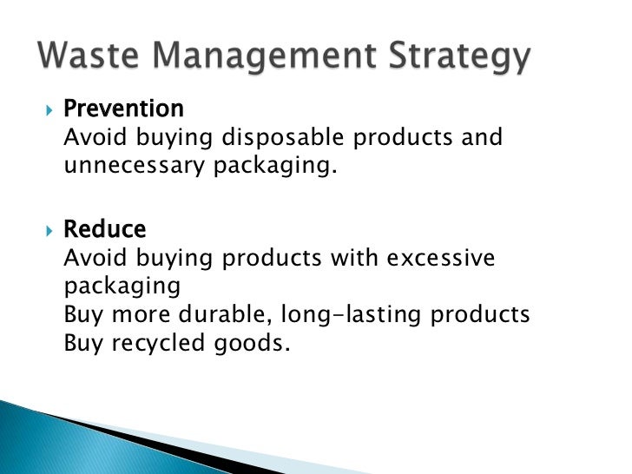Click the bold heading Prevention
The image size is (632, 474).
tap(124, 109)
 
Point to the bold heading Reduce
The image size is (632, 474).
tap(105, 230)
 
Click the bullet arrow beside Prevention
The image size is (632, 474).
tap(48, 110)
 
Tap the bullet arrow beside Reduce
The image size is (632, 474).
tap(48, 231)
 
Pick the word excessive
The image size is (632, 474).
tap(452, 258)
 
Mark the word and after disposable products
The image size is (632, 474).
tap(482, 138)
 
